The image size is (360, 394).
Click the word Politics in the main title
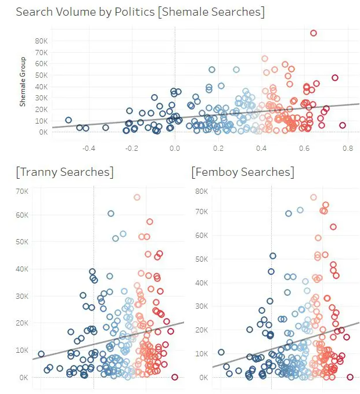point(134,12)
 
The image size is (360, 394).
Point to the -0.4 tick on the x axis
point(88,148)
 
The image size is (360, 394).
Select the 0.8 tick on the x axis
point(348,148)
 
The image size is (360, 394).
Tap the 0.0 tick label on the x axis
point(175,148)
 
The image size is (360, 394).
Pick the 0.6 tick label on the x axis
point(305,148)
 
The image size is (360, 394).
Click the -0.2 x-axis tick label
point(132,148)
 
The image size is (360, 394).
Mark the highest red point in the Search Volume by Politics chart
point(314,33)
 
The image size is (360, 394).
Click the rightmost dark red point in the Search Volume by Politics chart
point(343,125)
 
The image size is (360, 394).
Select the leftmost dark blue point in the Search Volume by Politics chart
point(69,120)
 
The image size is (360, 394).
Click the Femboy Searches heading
point(243,172)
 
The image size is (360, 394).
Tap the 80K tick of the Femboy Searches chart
point(200,191)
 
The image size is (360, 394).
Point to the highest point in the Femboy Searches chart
point(314,197)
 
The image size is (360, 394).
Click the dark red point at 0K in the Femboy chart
point(350,377)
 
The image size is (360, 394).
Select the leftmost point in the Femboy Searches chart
point(221,352)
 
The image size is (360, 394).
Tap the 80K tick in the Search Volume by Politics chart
point(41,41)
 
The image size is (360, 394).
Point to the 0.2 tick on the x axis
point(218,148)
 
